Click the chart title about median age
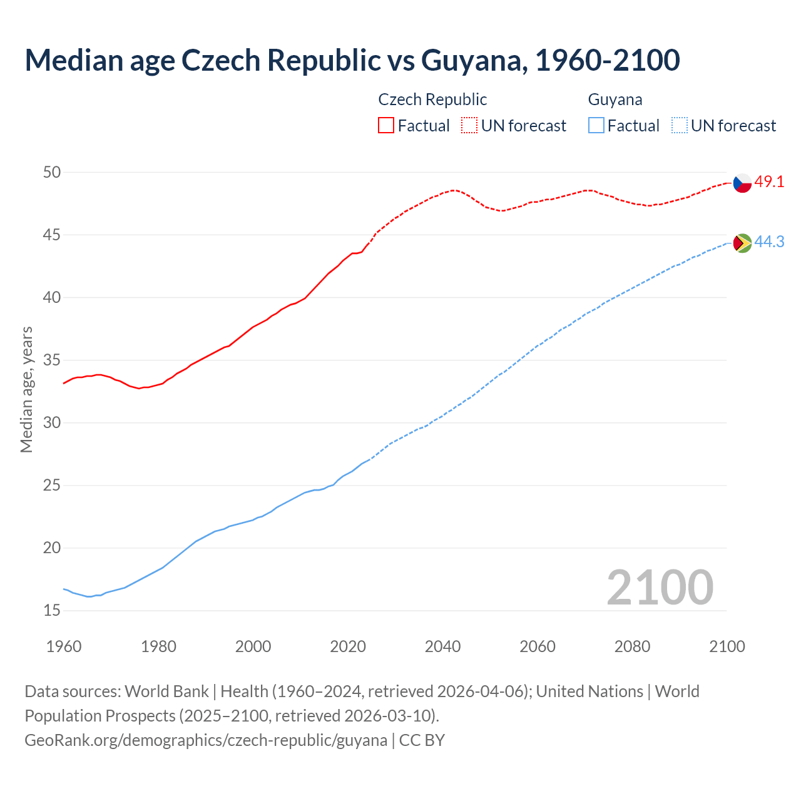coord(352,60)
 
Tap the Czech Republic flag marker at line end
coord(742,183)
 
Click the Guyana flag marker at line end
coord(742,243)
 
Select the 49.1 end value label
coord(769,182)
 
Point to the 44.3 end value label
coord(769,242)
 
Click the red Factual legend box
coord(386,126)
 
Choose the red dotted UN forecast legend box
coord(469,126)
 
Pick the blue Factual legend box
coord(596,126)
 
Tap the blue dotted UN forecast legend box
coord(679,126)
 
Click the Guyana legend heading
coord(615,99)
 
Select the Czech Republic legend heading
coord(432,99)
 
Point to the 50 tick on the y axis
coord(52,172)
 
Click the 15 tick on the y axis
coord(52,610)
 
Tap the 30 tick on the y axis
coord(52,422)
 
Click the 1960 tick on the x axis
coord(64,646)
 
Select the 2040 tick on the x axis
coord(442,646)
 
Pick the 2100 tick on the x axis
coord(727,646)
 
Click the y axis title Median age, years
coord(26,389)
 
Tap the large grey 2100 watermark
coord(660,587)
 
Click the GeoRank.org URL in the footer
coord(206,740)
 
